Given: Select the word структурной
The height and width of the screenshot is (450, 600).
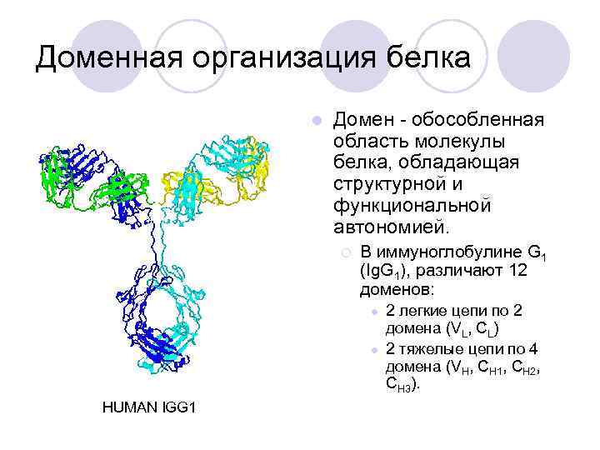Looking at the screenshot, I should [x=392, y=183].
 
